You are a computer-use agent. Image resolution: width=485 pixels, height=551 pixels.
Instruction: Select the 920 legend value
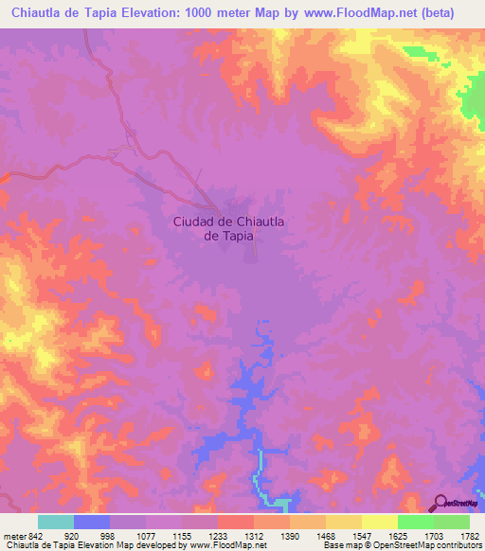(70, 535)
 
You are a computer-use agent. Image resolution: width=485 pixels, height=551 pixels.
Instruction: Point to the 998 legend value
(107, 535)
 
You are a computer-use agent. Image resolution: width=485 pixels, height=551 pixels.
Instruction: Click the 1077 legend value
(145, 535)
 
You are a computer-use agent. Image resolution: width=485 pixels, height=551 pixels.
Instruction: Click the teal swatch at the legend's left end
(56, 522)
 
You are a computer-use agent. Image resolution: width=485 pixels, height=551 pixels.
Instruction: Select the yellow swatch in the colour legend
(379, 522)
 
